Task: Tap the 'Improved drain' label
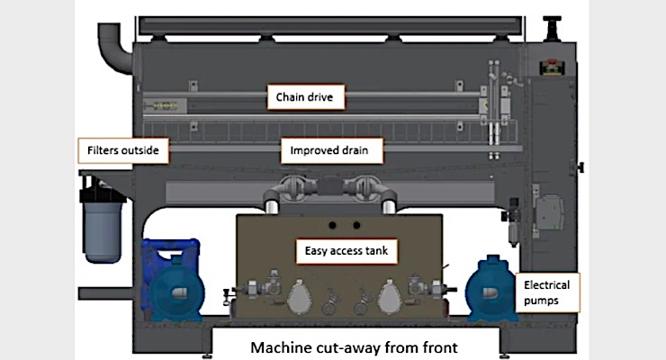[330, 150]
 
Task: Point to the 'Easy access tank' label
[344, 249]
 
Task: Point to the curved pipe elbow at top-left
[112, 40]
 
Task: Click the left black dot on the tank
[331, 224]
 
